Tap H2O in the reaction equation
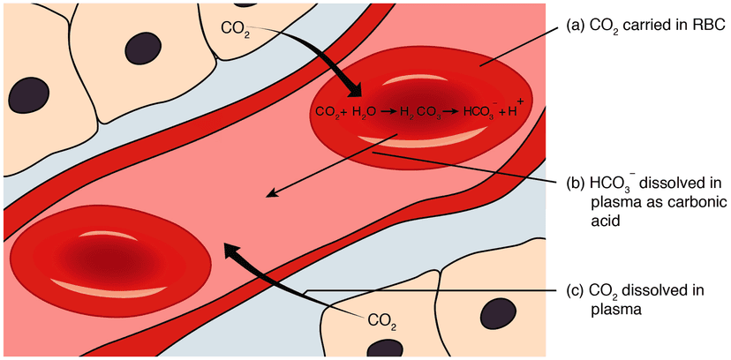365,112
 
